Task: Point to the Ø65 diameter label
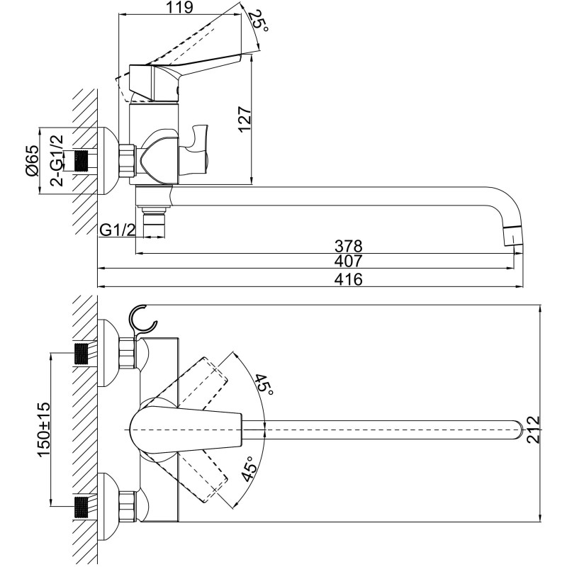click(x=31, y=161)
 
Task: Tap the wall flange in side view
click(x=107, y=161)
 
